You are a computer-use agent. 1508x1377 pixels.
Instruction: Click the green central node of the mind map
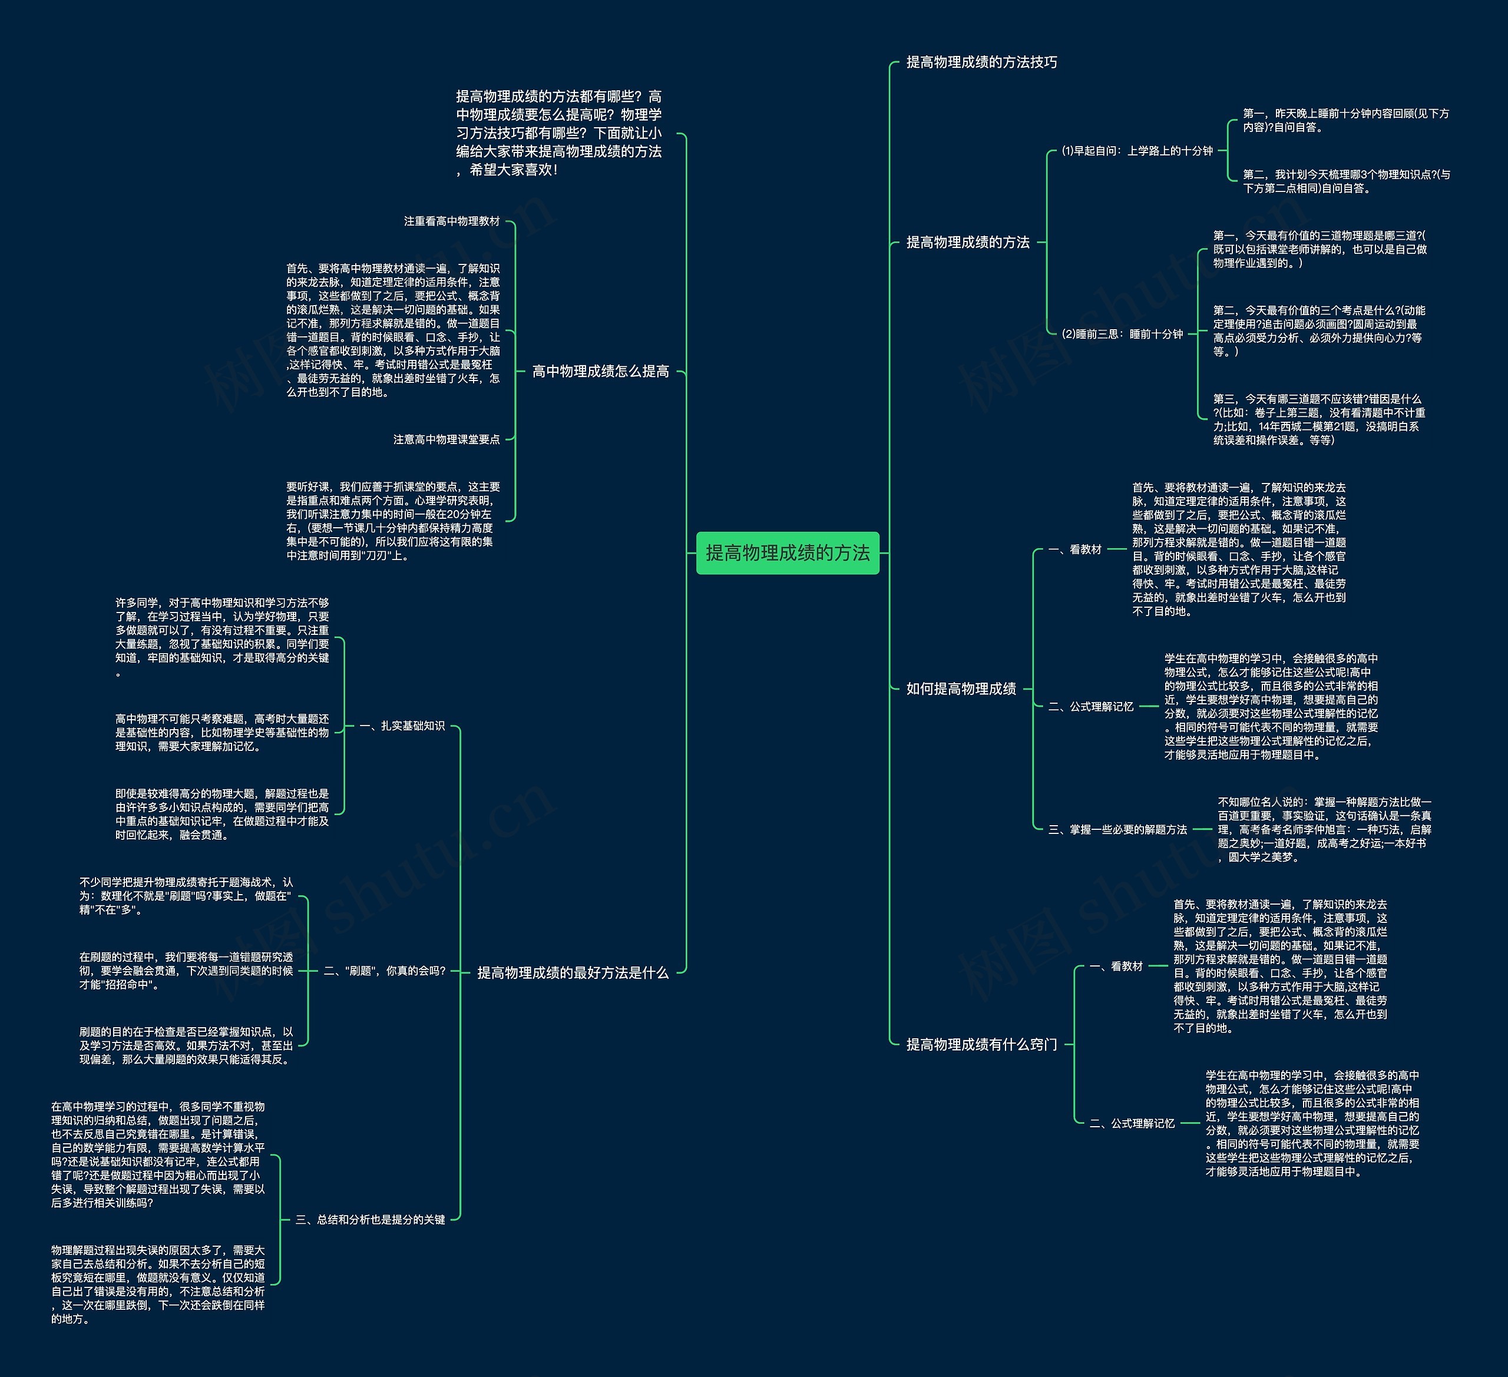(x=787, y=553)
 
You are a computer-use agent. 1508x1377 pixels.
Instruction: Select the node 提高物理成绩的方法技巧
(x=981, y=62)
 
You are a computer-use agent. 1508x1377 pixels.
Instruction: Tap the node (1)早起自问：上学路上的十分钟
(x=1136, y=151)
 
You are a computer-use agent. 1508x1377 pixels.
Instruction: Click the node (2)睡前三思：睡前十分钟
(x=1122, y=335)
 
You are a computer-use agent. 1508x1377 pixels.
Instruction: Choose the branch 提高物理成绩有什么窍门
(x=981, y=1044)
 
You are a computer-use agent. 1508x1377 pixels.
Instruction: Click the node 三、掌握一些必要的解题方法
(x=1117, y=829)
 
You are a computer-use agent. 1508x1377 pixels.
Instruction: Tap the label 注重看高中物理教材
(x=452, y=221)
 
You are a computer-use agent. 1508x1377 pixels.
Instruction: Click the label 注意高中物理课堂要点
(x=447, y=440)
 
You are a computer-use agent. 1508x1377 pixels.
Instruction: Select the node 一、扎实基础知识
(x=402, y=726)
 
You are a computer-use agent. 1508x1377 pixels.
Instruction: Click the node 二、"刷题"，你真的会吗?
(x=385, y=971)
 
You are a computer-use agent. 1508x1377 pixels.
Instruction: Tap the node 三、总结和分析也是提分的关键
(x=371, y=1220)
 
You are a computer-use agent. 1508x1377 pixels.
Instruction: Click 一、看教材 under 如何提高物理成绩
(x=1075, y=550)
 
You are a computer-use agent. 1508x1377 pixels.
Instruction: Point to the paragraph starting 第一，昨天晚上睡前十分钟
(x=1345, y=120)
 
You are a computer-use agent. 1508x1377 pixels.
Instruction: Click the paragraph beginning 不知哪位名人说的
(x=1324, y=829)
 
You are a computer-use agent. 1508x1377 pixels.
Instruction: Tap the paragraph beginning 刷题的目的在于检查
(x=186, y=1045)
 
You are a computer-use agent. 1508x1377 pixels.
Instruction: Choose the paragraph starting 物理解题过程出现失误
(x=158, y=1285)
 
